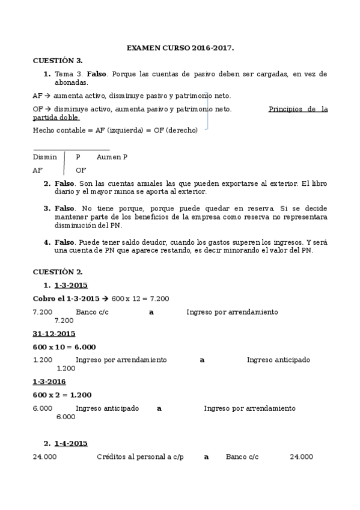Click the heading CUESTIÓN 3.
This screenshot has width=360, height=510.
coord(58,60)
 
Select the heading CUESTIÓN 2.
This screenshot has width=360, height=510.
coord(58,272)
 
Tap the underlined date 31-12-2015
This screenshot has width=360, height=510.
coord(53,333)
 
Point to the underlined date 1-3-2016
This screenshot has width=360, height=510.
coord(49,381)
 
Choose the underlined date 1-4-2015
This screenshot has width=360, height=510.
coord(70,443)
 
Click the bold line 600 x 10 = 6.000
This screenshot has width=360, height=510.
coord(64,347)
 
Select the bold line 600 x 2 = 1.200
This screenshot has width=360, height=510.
coord(62,395)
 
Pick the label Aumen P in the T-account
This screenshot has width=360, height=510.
coord(112,157)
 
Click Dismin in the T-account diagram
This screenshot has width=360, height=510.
coord(45,157)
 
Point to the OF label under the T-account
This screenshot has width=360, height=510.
coord(81,170)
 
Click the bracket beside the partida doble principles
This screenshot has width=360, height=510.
coord(207,111)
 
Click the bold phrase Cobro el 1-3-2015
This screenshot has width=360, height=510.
coord(66,298)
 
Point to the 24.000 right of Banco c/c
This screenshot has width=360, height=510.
coord(301,456)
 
